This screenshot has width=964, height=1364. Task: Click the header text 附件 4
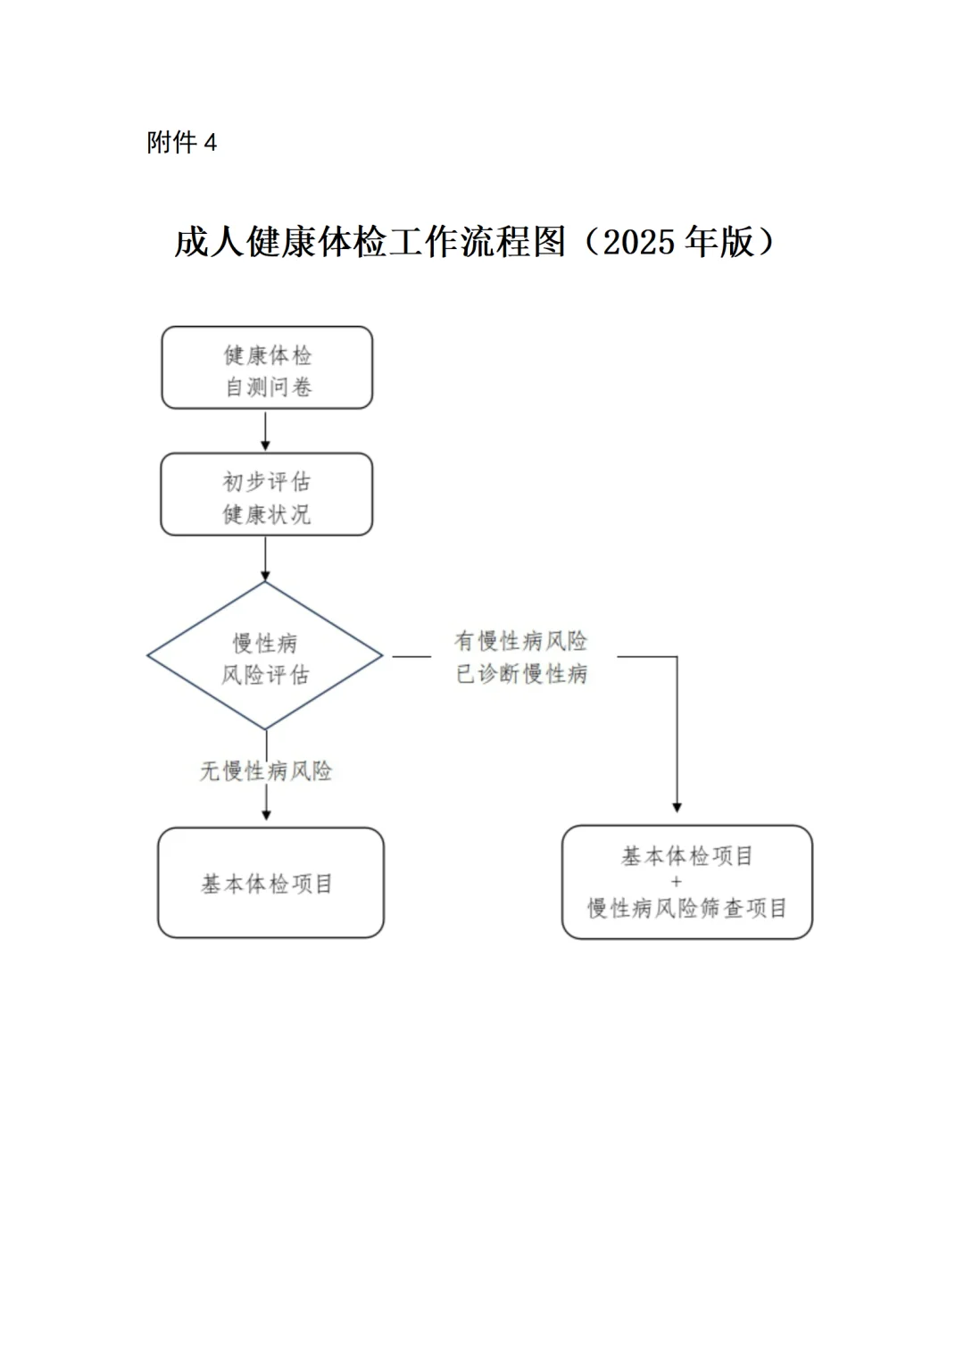182,143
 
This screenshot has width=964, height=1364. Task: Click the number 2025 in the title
639,242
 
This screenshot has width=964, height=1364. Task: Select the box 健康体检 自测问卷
267,368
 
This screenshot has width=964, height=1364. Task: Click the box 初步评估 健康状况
267,495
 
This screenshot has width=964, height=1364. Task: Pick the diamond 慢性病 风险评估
265,656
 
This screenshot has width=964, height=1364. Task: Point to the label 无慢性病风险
266,770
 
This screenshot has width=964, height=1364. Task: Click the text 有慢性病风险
521,641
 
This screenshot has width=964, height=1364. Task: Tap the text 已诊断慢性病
521,673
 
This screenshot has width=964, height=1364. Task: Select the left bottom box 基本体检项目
270,883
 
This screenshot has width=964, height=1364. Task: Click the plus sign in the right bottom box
676,881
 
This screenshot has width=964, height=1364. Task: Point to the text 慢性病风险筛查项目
686,908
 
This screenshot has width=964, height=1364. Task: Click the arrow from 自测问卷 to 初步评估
265,432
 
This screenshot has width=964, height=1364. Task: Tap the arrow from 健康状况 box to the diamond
265,559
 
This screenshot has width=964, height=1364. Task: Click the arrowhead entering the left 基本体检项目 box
266,813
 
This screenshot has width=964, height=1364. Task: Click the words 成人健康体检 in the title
280,242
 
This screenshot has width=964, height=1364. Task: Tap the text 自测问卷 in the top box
267,387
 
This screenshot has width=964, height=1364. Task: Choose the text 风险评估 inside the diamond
265,675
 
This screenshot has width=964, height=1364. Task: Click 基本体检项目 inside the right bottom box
686,856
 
